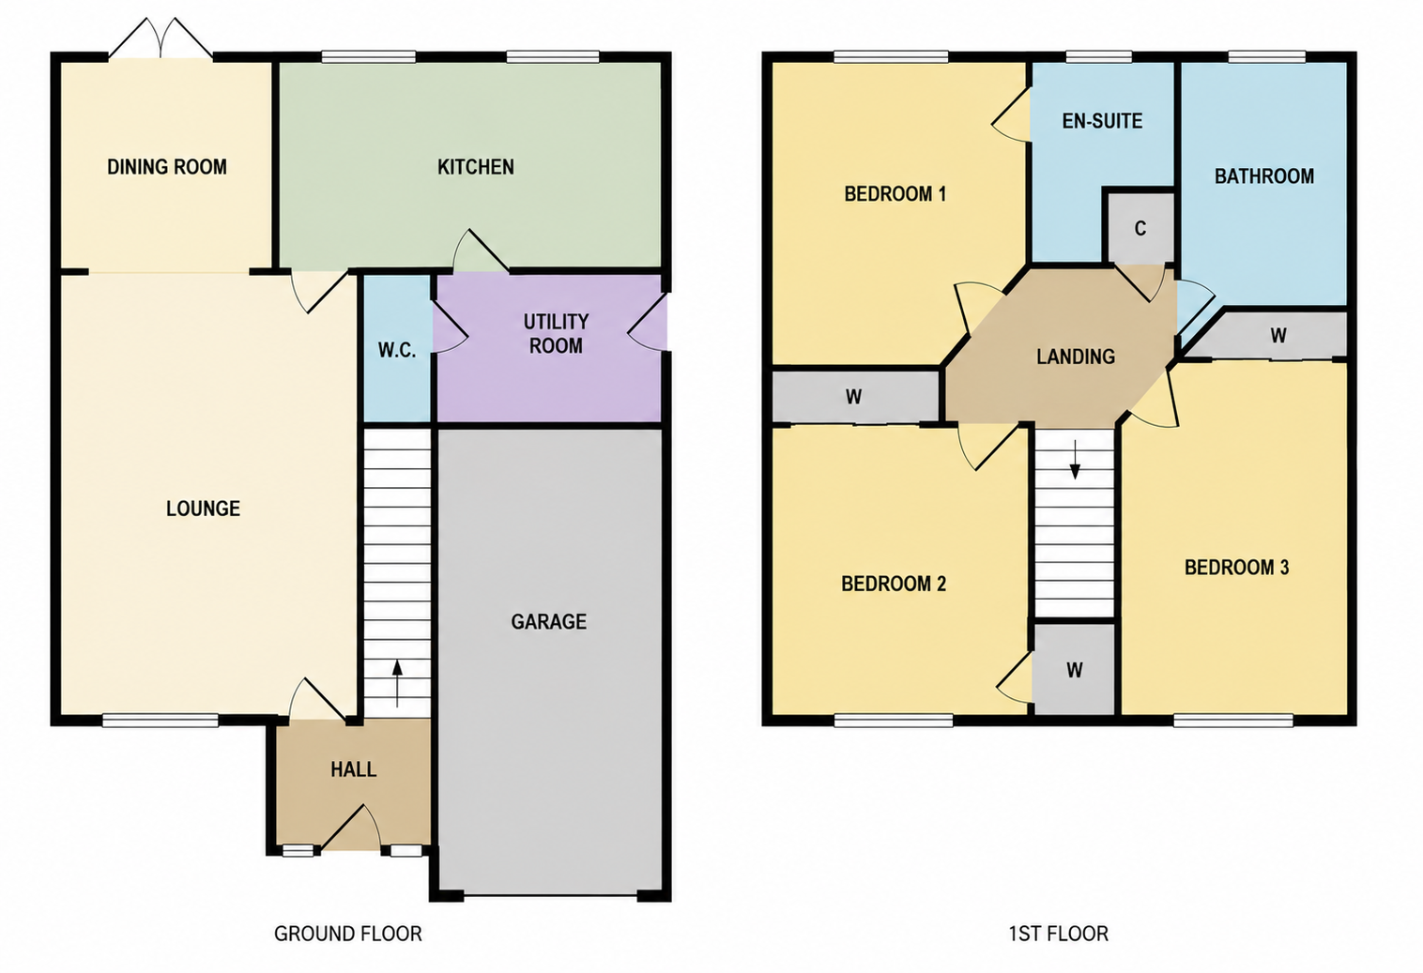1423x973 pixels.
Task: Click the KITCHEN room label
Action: pos(475,167)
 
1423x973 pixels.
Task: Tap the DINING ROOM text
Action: pos(167,167)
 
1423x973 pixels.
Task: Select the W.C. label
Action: pos(397,350)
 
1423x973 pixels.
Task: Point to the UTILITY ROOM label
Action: pos(556,334)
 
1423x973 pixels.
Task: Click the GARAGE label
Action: pos(549,621)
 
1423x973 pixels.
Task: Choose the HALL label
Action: pos(353,769)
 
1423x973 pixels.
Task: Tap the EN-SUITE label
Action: pos(1102,121)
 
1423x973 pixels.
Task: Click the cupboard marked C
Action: pos(1140,228)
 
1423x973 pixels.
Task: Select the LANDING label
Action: pos(1076,357)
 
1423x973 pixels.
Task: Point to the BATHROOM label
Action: pos(1264,175)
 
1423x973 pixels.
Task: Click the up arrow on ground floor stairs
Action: pos(397,683)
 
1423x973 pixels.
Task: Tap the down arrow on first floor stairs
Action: pos(1075,459)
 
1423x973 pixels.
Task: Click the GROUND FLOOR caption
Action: pos(348,934)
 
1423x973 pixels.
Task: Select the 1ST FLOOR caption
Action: pos(1059,934)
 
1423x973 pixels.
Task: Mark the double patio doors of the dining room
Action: pos(161,39)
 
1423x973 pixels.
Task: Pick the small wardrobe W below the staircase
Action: pos(1074,670)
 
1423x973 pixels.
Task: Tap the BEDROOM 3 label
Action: pos(1236,567)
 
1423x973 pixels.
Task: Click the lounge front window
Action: pos(161,720)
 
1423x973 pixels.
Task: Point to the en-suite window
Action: pos(1098,57)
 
